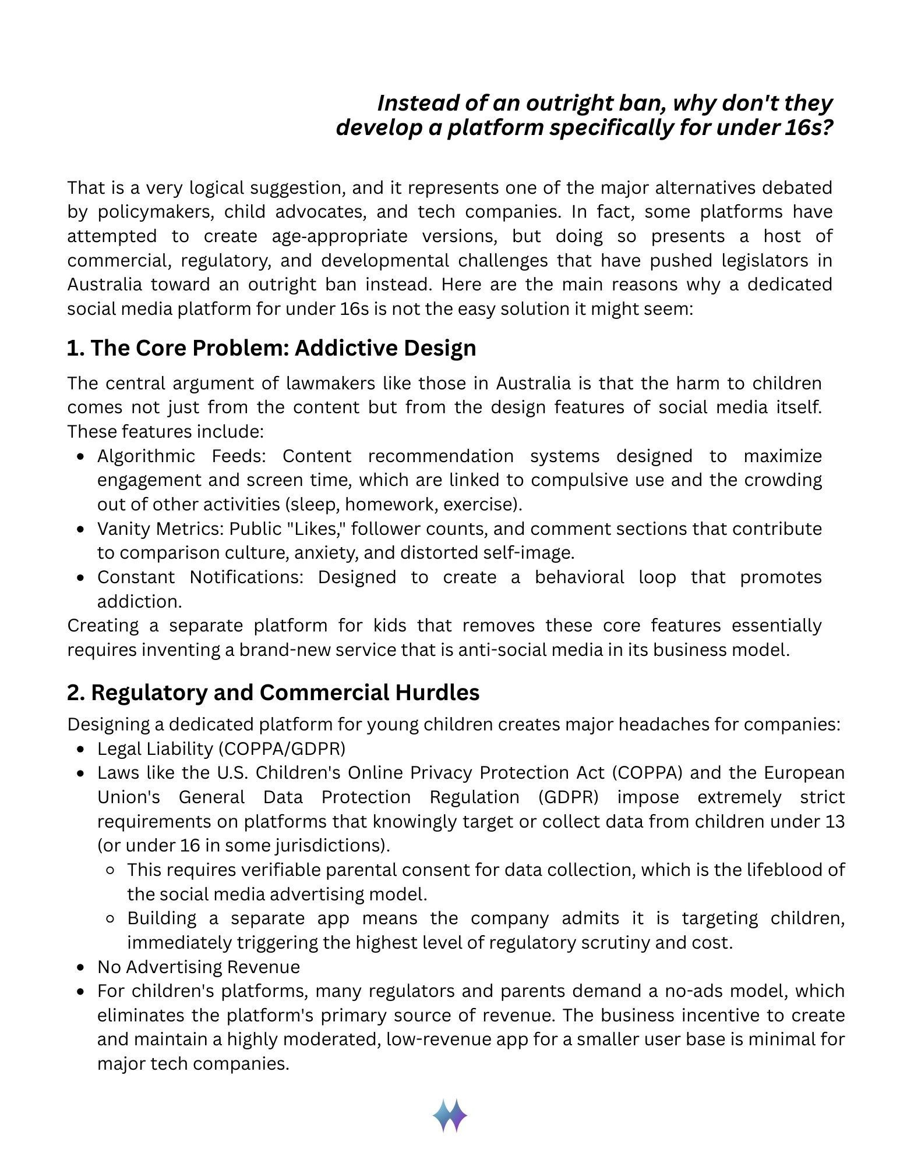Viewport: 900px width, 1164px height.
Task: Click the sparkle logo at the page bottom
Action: pyautogui.click(x=450, y=1115)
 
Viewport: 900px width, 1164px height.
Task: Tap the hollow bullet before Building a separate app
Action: pyautogui.click(x=111, y=919)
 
